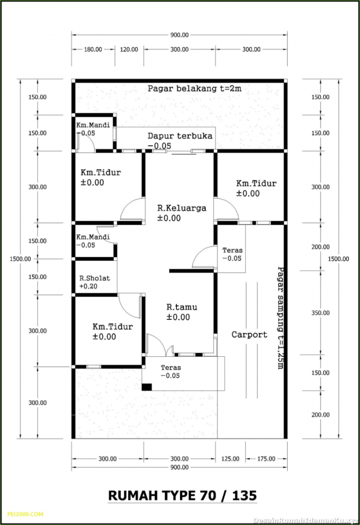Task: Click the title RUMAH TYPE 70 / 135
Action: pos(182,496)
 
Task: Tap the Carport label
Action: pos(249,335)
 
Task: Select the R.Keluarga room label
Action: pos(182,208)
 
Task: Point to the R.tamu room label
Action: pos(182,307)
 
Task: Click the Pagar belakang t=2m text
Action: pos(194,88)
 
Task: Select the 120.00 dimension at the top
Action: pos(129,50)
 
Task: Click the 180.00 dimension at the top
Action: pos(93,50)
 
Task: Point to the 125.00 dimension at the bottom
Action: pos(230,458)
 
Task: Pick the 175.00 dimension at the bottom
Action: pos(265,458)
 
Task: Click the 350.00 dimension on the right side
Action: pos(321,313)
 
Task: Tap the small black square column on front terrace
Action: pos(147,388)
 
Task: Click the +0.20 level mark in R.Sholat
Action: pos(87,286)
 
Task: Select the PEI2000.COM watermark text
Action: pos(26,514)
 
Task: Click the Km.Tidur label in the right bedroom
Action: pos(256,183)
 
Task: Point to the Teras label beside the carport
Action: pos(232,251)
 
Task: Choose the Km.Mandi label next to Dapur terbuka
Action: pos(89,125)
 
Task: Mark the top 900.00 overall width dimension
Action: pos(179,35)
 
